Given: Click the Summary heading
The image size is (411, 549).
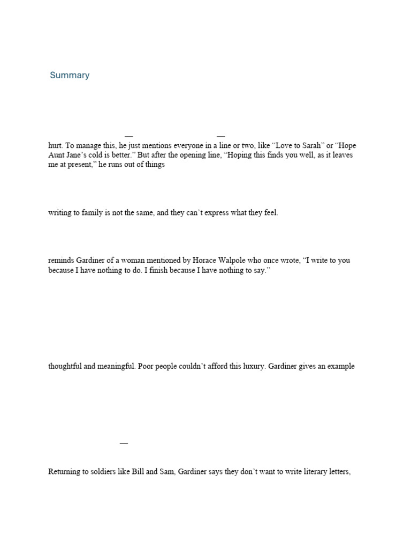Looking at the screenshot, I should tap(70, 75).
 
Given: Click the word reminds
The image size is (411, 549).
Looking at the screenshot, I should tap(60, 261).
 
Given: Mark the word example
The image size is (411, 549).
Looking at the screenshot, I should tap(340, 367).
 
